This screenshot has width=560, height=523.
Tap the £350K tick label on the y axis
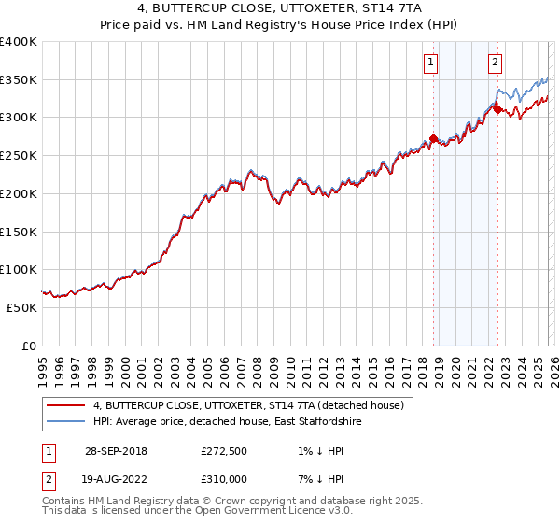(19, 80)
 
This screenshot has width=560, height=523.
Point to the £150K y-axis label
(19, 232)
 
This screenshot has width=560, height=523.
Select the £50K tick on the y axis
(22, 307)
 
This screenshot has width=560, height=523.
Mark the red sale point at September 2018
(434, 139)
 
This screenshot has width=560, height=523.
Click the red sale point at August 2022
(497, 110)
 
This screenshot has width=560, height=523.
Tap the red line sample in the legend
(65, 405)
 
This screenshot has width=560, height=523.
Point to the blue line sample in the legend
(65, 422)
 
